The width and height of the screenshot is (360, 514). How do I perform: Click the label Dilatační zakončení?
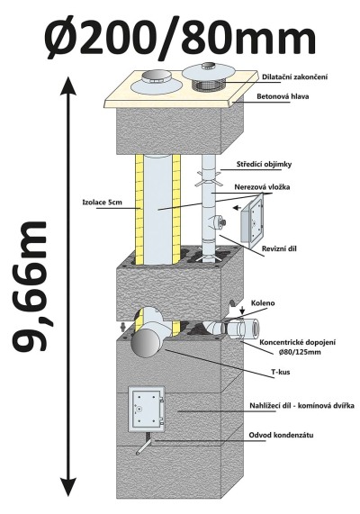tap(295, 77)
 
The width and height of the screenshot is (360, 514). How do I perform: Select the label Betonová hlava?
tap(283, 96)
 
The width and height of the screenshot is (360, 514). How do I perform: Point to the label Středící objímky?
tap(264, 165)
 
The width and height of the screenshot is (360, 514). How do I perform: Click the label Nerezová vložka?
tap(262, 187)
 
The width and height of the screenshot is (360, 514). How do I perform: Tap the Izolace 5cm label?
tap(102, 203)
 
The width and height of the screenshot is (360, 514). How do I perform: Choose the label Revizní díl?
tap(279, 248)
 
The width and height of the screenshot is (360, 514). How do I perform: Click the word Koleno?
tap(263, 303)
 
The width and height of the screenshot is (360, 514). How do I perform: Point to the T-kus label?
tap(281, 372)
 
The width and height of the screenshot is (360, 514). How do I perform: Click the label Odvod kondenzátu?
tap(281, 436)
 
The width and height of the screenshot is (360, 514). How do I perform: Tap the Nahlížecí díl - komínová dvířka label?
tap(301, 406)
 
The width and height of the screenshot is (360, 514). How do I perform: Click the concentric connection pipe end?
tap(251, 329)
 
